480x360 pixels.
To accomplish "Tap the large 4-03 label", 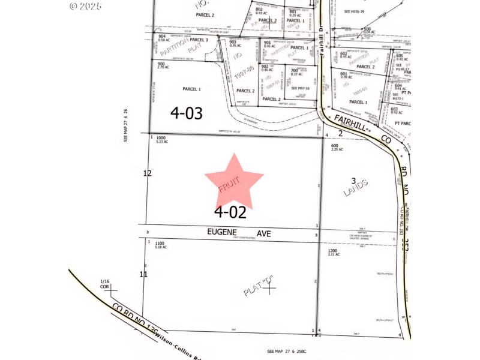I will [x=187, y=112].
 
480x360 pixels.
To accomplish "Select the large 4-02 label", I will [x=230, y=211].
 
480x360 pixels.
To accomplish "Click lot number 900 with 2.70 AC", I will [x=161, y=64].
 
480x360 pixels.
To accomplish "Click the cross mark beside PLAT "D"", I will [x=271, y=289].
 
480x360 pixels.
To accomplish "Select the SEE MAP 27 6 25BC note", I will [x=291, y=350].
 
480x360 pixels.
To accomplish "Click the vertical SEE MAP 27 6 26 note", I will [x=126, y=125].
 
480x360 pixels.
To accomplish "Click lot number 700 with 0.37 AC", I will [x=294, y=71].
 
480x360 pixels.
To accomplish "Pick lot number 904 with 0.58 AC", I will [x=162, y=36].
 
